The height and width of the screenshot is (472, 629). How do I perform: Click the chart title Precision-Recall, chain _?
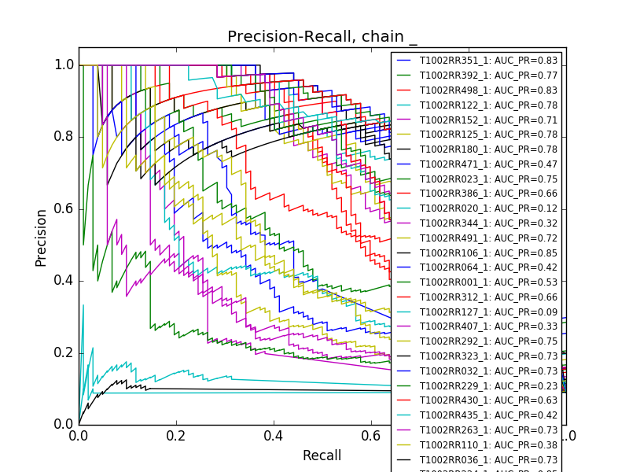click(322, 37)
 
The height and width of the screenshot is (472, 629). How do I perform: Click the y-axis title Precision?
click(41, 237)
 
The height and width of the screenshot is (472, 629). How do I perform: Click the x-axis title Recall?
click(322, 455)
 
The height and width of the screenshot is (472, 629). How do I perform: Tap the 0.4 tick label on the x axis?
click(274, 435)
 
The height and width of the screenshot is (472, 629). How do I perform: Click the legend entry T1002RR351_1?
click(488, 61)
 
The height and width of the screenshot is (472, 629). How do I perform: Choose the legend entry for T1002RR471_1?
click(488, 164)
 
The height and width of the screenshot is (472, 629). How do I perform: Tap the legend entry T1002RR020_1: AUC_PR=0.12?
click(488, 208)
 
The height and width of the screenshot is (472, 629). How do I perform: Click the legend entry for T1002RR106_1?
click(488, 253)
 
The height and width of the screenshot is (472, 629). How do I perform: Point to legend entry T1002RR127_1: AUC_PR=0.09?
click(488, 312)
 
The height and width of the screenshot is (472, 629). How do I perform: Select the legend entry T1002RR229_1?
click(488, 386)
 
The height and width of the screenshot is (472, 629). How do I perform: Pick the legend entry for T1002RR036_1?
click(488, 460)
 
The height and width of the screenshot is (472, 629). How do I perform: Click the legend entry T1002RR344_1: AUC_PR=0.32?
click(488, 223)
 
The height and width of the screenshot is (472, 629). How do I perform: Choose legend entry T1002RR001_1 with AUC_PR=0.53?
click(488, 282)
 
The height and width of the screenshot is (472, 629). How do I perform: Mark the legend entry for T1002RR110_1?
click(488, 445)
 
